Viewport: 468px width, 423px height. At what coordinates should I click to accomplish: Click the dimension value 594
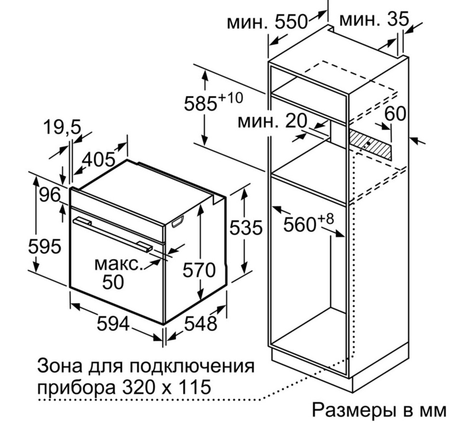point(113,324)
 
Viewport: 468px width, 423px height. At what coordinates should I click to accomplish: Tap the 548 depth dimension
point(200,324)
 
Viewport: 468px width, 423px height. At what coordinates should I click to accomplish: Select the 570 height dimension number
point(199,270)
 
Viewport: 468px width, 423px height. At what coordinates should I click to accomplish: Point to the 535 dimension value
point(246,227)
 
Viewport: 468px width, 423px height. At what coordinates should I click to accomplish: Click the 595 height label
point(45,247)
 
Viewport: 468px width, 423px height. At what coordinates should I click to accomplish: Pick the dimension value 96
point(50,196)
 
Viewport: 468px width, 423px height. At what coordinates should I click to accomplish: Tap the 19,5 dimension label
point(63,128)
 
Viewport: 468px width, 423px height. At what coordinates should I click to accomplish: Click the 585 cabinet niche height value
point(200,104)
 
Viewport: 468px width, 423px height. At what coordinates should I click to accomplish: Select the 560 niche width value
point(299,225)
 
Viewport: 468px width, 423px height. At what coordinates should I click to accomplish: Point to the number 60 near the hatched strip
point(395,114)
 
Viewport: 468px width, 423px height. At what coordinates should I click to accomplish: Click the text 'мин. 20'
point(273,121)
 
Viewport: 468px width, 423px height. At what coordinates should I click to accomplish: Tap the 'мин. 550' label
point(267,22)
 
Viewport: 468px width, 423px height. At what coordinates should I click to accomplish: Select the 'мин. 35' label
point(374,20)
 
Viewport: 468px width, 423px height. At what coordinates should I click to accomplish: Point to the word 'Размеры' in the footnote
point(350,410)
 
